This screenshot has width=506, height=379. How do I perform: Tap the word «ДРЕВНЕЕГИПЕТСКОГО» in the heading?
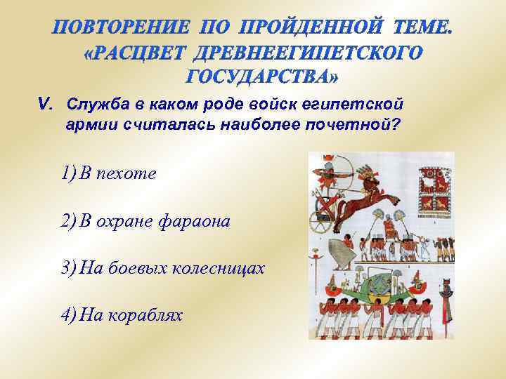click(309, 53)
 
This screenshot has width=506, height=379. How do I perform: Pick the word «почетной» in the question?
click(364, 126)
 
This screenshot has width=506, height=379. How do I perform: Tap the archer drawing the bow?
click(329, 173)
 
